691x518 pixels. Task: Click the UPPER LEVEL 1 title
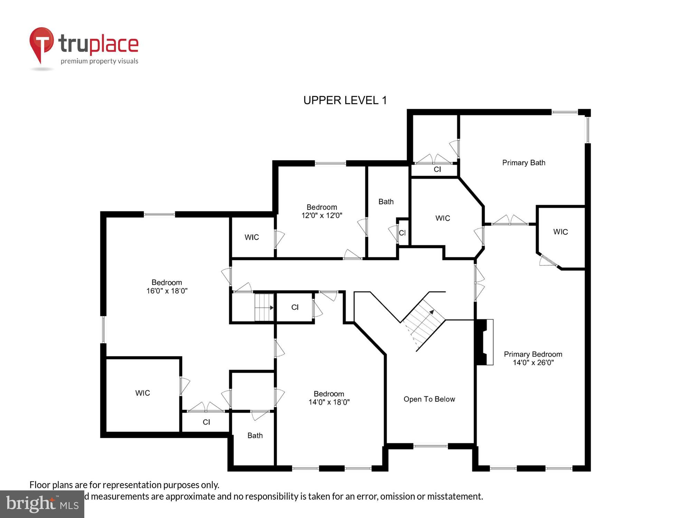[x=345, y=100]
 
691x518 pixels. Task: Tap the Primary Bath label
[x=523, y=163]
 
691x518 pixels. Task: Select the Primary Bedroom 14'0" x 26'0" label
[x=533, y=358]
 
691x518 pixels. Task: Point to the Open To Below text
[x=429, y=399]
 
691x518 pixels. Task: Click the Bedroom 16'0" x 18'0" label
[x=167, y=287]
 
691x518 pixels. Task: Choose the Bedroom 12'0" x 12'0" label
[x=322, y=211]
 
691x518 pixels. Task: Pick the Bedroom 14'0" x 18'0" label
[x=329, y=398]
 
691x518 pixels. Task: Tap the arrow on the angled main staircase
[x=431, y=312]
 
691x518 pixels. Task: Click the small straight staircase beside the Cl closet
[x=264, y=307]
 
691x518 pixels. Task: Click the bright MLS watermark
[x=42, y=504]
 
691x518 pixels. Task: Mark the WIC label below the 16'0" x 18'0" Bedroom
[x=142, y=393]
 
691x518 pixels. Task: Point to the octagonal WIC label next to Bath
[x=443, y=218]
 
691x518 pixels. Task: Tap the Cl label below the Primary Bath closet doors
[x=437, y=170]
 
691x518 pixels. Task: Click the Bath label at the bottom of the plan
[x=255, y=436]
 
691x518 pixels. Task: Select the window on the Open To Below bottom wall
[x=430, y=446]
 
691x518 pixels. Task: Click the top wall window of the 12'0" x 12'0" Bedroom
[x=330, y=163]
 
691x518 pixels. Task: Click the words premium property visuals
[x=100, y=61]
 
